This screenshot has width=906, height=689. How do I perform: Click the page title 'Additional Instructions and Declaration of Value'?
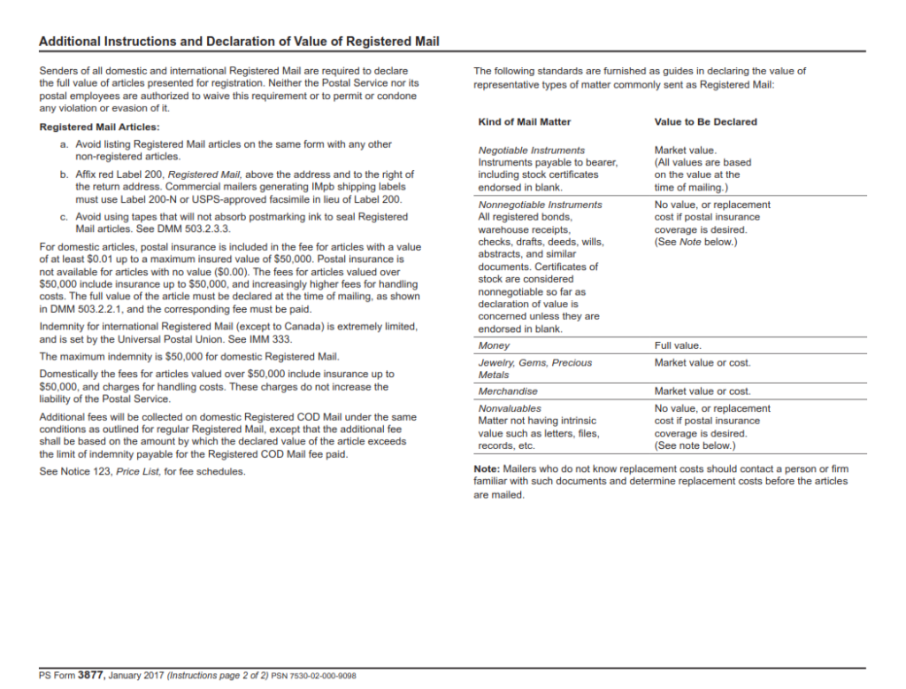[239, 42]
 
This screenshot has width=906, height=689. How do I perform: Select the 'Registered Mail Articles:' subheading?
[100, 127]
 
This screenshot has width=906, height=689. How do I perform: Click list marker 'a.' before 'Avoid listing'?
[64, 143]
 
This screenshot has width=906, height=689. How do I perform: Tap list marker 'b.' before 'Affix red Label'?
[64, 174]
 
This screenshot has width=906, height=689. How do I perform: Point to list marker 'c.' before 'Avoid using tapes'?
[64, 216]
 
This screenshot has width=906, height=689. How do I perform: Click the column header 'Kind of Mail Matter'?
[525, 121]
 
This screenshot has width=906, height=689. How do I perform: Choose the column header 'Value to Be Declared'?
[705, 121]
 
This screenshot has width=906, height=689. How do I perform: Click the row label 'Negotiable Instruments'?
[531, 151]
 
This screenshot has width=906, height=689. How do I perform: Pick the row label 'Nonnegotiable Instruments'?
[540, 205]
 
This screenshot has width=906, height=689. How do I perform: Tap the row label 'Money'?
[494, 345]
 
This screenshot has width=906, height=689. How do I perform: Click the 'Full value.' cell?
[678, 345]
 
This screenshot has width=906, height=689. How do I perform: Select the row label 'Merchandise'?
[508, 391]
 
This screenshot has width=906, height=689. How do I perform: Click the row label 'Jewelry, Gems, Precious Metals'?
[534, 368]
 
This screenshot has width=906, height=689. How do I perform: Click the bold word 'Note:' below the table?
[487, 468]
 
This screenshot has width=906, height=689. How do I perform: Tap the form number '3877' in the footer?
[91, 676]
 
